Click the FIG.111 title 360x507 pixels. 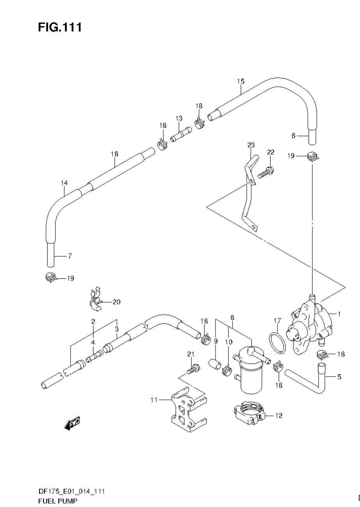coord(60,27)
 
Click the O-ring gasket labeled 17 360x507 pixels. coord(277,343)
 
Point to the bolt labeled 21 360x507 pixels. coord(193,368)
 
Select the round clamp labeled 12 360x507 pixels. coord(249,414)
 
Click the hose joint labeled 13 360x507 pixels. coord(180,136)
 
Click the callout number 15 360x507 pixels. coord(240,81)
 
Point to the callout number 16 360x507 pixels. coord(114,154)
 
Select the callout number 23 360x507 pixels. coord(251,145)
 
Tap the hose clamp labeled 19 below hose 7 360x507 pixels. coord(50,278)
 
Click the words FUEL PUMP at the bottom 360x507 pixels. coord(58,501)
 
